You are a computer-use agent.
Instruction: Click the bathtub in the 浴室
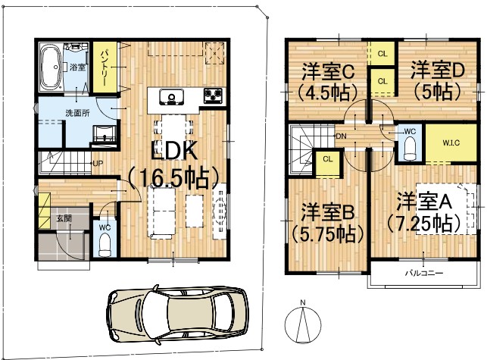pos(51,67)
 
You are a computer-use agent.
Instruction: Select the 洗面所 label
pos(77,113)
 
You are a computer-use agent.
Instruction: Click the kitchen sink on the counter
pos(171,97)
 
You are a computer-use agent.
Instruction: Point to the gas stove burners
pos(213,95)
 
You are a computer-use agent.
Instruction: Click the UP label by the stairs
pos(98,163)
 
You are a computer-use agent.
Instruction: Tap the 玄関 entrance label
pos(64,218)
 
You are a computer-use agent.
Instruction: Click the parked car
pos(178,314)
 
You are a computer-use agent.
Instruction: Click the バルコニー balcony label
pos(424,274)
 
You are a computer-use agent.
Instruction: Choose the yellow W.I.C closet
pos(451,142)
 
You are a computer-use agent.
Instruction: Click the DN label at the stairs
pos(341,136)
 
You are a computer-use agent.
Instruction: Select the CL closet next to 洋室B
pos(328,163)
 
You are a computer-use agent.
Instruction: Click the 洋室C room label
pos(328,73)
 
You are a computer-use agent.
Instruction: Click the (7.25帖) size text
pos(423,224)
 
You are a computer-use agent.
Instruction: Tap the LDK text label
pos(174,151)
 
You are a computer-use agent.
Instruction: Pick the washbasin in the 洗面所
pos(105,134)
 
